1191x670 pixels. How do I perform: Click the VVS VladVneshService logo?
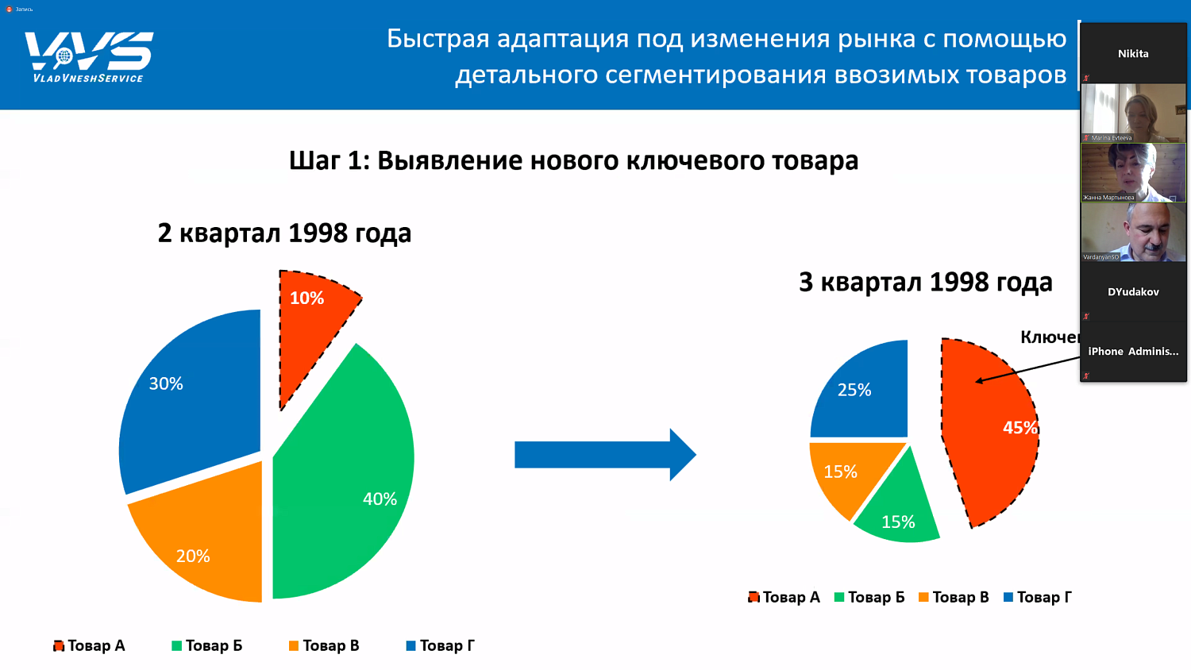click(89, 56)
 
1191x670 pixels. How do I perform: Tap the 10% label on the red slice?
click(306, 298)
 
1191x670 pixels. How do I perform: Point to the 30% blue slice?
click(191, 389)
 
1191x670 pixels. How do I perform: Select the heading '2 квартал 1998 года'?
click(284, 233)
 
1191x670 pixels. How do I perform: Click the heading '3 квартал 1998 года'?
click(925, 282)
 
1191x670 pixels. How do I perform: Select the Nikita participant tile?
click(1133, 53)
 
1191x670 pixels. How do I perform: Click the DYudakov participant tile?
click(1133, 291)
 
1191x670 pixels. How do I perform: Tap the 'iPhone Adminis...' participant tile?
click(1133, 351)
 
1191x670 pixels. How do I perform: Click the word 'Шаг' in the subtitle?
click(315, 160)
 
